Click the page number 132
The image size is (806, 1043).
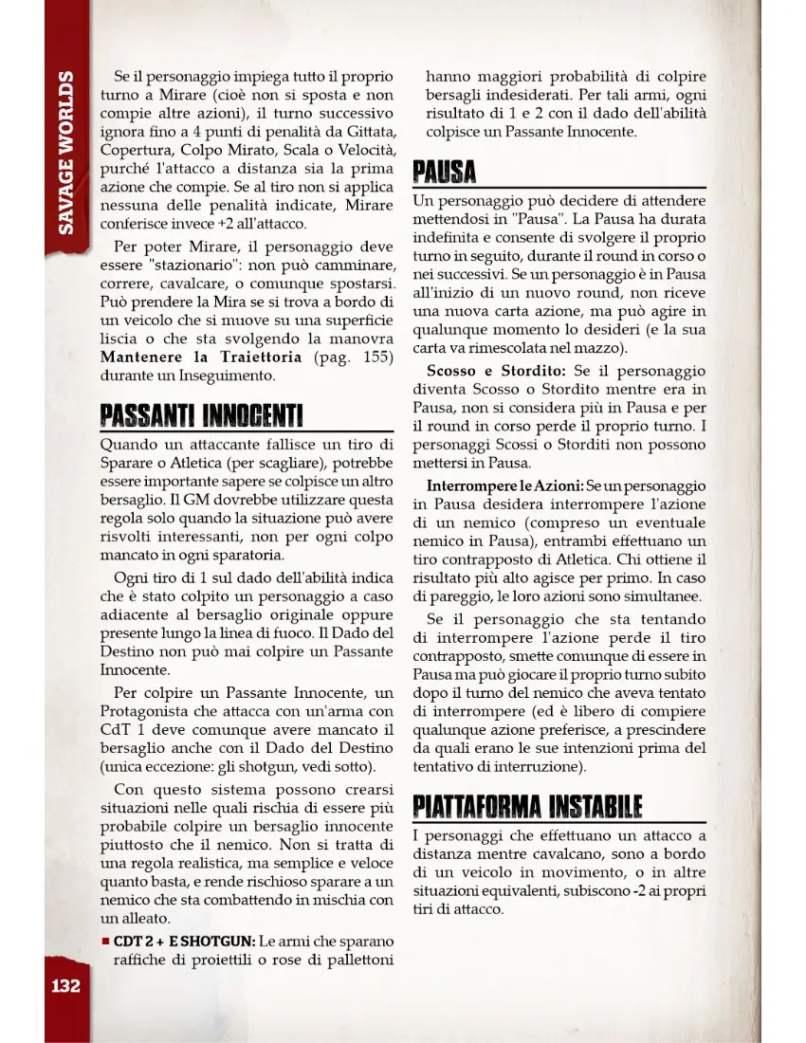(x=65, y=985)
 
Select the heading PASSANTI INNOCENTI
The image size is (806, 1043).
(x=201, y=415)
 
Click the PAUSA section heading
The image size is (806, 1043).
(x=444, y=174)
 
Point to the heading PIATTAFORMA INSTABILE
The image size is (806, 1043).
(x=527, y=806)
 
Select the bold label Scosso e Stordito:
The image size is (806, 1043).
(x=495, y=371)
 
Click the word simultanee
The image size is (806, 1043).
(x=660, y=596)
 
